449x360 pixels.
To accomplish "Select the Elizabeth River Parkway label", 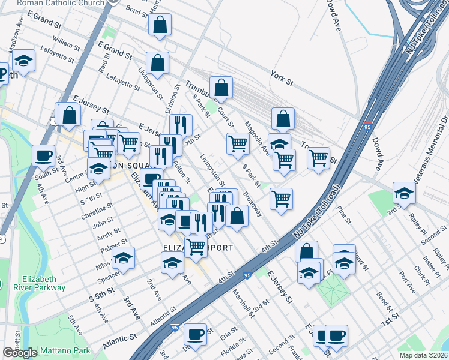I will (43, 283).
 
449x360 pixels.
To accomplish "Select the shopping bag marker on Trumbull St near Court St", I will (221, 88).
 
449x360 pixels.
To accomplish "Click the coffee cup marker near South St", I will (44, 155).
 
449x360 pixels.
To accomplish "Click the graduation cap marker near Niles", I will (123, 257).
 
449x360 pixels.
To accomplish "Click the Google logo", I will (20, 353).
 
